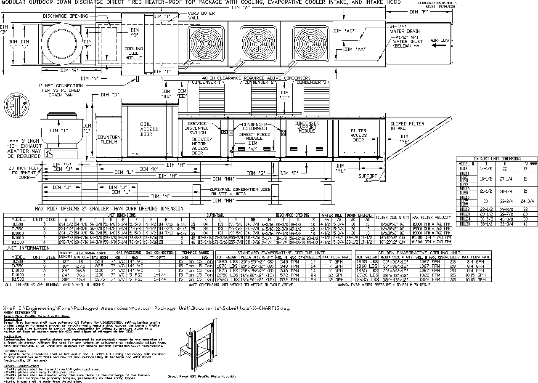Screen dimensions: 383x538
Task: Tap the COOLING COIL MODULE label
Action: tap(133, 53)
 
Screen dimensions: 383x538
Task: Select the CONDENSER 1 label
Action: tap(206, 82)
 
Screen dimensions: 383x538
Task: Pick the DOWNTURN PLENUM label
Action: tap(109, 140)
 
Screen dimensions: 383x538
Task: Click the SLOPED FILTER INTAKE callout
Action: tap(407, 126)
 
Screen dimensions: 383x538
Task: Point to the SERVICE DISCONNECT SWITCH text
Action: tap(198, 128)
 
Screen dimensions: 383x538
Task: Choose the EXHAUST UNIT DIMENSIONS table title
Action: tap(497, 159)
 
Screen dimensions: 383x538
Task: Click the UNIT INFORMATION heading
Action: tap(27, 248)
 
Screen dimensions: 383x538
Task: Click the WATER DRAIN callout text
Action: tap(404, 31)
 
